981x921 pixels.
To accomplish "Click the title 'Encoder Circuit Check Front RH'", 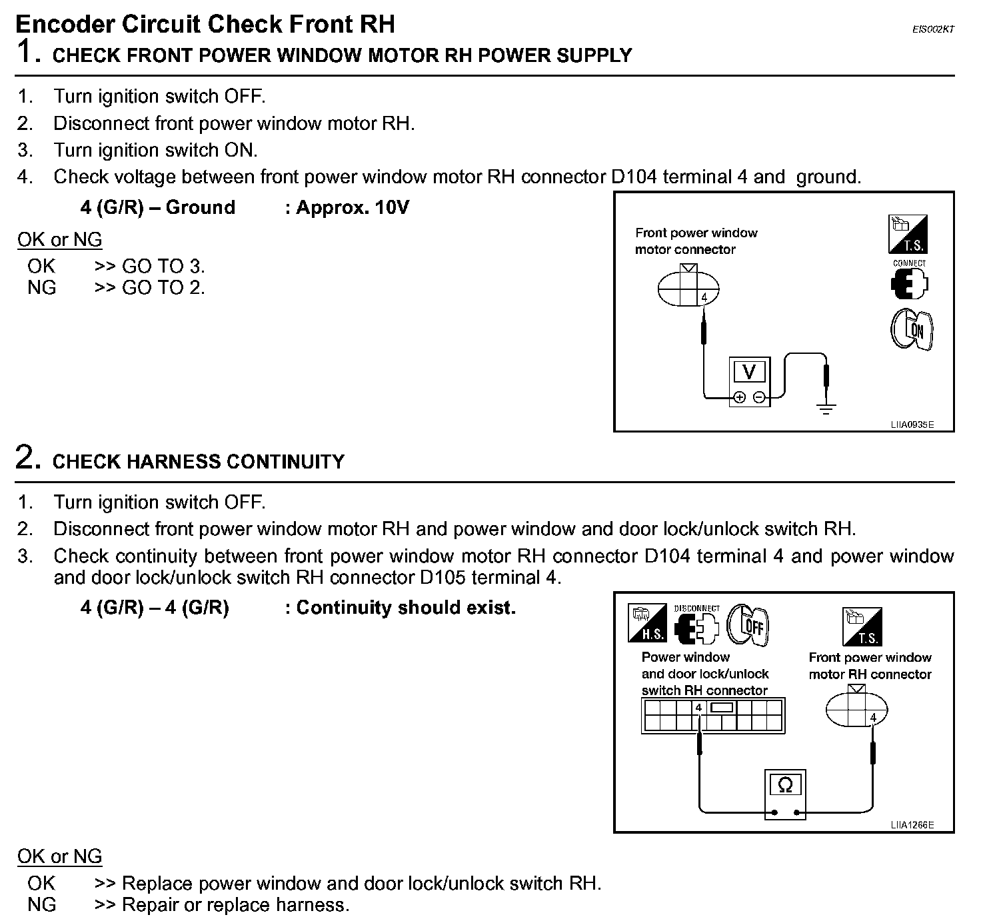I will point(205,24).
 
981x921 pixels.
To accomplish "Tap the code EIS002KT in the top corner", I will point(933,29).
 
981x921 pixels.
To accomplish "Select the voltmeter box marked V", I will point(749,381).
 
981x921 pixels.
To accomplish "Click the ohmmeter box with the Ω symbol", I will point(785,793).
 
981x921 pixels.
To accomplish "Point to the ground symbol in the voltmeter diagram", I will point(826,408).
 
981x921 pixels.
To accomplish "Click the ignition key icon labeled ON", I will point(911,329).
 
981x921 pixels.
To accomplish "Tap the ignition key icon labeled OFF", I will point(748,625).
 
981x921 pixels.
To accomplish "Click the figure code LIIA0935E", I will point(912,424).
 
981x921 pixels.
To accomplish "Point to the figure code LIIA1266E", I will point(912,825).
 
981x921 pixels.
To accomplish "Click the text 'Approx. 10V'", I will point(352,207).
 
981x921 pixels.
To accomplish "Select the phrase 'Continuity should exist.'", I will point(406,608).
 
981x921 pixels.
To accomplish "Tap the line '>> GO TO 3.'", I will point(150,267).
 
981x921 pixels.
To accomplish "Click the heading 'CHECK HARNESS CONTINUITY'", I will point(199,461).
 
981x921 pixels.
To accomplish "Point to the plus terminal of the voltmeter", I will point(739,398).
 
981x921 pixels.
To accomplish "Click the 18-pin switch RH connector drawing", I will point(713,716).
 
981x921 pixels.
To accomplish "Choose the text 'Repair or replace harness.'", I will point(235,905).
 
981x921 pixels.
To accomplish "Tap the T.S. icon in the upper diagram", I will point(908,234).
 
